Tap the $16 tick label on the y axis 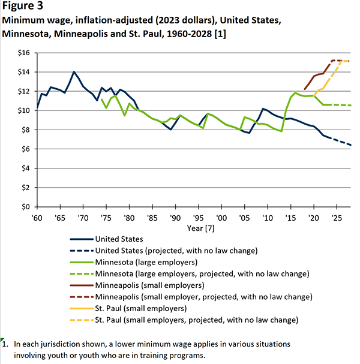click(x=22, y=53)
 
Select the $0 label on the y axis click(x=24, y=206)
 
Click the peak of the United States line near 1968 click(x=74, y=72)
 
